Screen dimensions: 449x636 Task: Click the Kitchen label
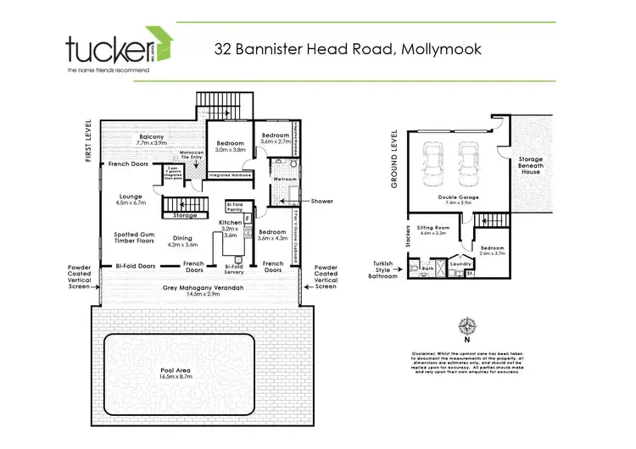point(231,223)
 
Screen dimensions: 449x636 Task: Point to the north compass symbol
point(466,326)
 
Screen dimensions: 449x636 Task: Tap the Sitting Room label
point(432,229)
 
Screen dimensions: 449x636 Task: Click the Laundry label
point(460,263)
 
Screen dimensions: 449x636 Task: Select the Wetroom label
point(282,179)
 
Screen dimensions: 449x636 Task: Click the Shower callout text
point(322,201)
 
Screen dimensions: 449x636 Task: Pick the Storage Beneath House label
point(531,165)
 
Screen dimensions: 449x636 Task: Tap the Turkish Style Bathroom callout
point(382,269)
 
